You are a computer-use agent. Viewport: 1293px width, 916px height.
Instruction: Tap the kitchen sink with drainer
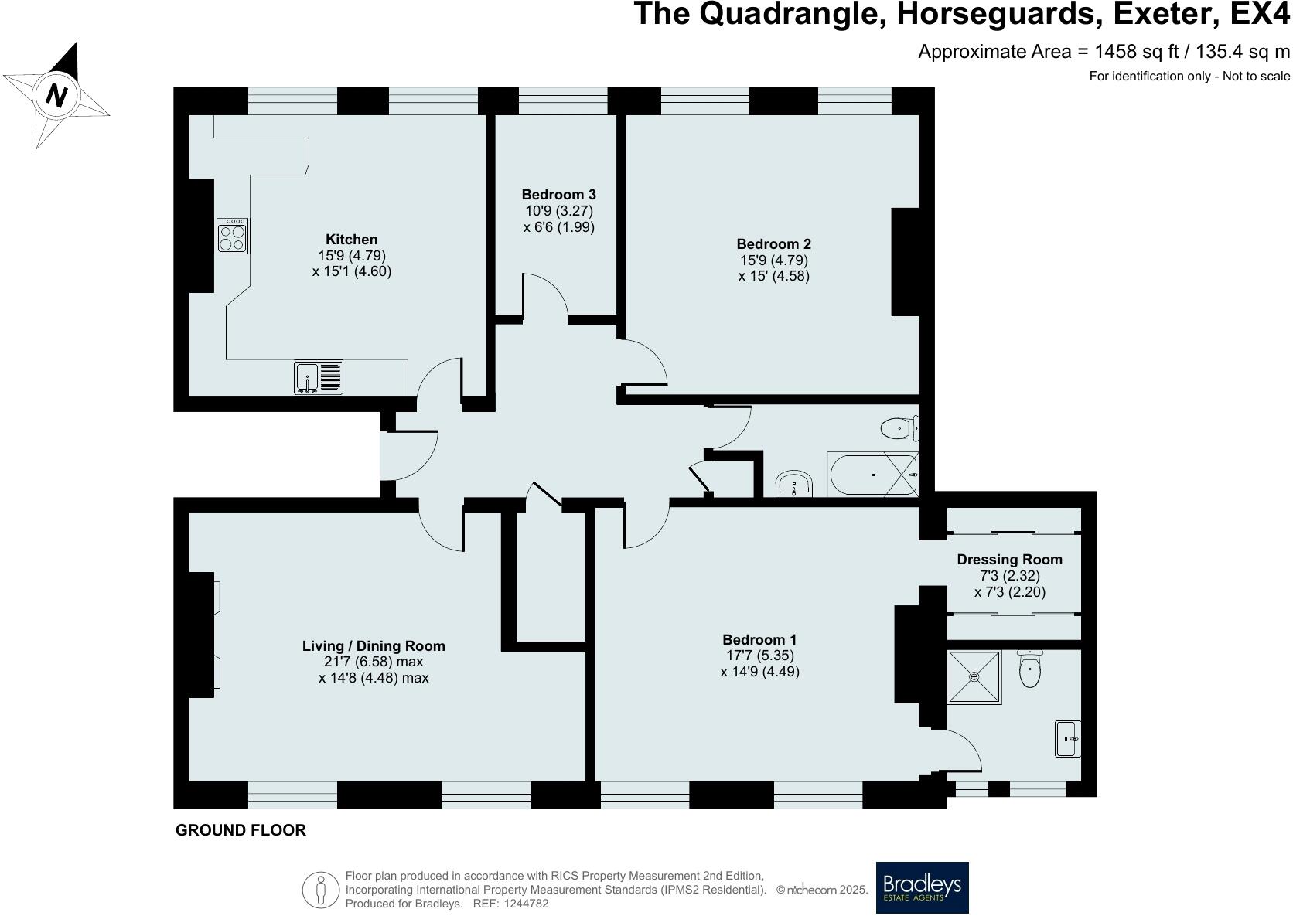(x=319, y=378)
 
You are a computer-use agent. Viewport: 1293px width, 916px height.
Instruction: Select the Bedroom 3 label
(x=558, y=195)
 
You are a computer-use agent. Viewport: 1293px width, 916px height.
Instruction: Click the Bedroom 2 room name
(x=773, y=243)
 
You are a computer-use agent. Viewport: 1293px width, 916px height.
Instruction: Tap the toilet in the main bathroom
(x=899, y=427)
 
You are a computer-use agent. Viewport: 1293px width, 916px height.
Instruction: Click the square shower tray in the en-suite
(x=974, y=677)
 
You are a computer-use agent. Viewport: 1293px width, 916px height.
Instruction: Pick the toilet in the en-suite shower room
(x=1030, y=669)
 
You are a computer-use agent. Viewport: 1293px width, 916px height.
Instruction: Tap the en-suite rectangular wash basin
(x=1068, y=738)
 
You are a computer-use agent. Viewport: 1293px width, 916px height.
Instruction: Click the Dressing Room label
(x=1009, y=560)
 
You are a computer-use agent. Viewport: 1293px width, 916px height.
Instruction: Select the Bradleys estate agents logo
(x=922, y=887)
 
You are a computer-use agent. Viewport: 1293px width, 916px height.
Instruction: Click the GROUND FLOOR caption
(x=241, y=830)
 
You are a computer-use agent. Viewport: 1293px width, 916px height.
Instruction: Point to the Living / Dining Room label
(x=374, y=646)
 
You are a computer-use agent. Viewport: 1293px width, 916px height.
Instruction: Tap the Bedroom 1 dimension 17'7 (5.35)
(x=759, y=656)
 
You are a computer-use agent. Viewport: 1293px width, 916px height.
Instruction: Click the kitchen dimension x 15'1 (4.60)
(x=352, y=271)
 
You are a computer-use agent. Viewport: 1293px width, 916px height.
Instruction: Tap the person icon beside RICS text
(x=321, y=890)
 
